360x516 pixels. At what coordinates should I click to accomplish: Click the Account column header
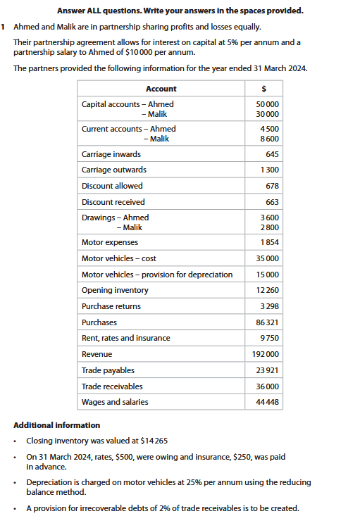(x=161, y=89)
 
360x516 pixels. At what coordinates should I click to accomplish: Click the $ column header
(x=263, y=89)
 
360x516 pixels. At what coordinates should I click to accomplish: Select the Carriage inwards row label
(x=111, y=154)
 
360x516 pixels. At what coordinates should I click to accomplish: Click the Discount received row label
(x=113, y=202)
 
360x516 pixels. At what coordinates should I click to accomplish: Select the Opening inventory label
(x=115, y=290)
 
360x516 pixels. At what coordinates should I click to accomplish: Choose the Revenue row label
(x=97, y=354)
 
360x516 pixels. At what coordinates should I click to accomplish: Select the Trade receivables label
(x=112, y=386)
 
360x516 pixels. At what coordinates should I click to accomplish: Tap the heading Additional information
(x=56, y=425)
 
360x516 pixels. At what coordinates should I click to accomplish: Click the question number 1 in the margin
(x=4, y=27)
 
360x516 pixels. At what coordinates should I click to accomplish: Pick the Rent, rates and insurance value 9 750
(x=269, y=338)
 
